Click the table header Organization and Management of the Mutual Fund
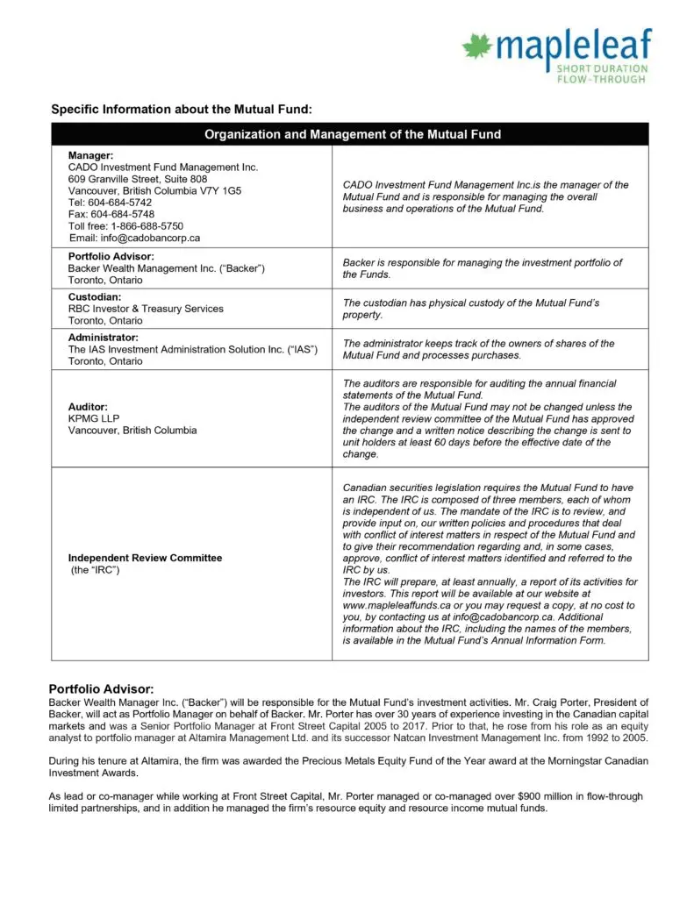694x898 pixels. click(353, 134)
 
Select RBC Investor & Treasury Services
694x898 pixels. click(146, 309)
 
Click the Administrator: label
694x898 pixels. click(104, 338)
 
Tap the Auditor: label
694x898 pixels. click(88, 407)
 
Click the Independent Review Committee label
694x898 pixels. click(145, 558)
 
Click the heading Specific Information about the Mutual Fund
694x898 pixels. click(182, 110)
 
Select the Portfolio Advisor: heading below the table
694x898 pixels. click(101, 688)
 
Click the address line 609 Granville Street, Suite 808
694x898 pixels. click(138, 179)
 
